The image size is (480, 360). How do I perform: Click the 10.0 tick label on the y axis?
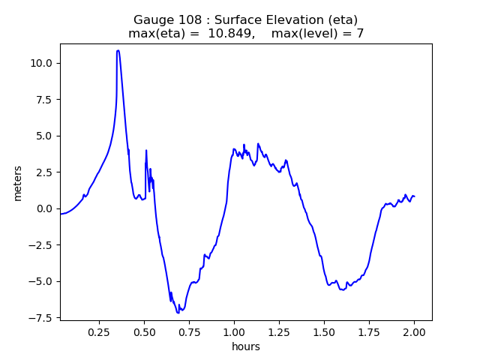tap(42, 63)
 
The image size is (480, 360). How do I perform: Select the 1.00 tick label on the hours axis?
tap(234, 331)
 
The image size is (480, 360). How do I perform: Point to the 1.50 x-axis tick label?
tap(324, 331)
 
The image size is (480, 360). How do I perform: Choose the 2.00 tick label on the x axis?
tap(414, 331)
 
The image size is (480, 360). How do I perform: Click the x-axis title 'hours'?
tap(246, 346)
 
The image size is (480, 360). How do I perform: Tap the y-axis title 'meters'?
tap(18, 183)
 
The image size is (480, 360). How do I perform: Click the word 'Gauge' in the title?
tap(152, 20)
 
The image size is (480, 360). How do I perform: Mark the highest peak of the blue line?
tap(118, 51)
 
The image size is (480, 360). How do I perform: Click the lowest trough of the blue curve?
tap(178, 312)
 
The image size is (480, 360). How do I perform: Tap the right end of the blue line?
tap(415, 196)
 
